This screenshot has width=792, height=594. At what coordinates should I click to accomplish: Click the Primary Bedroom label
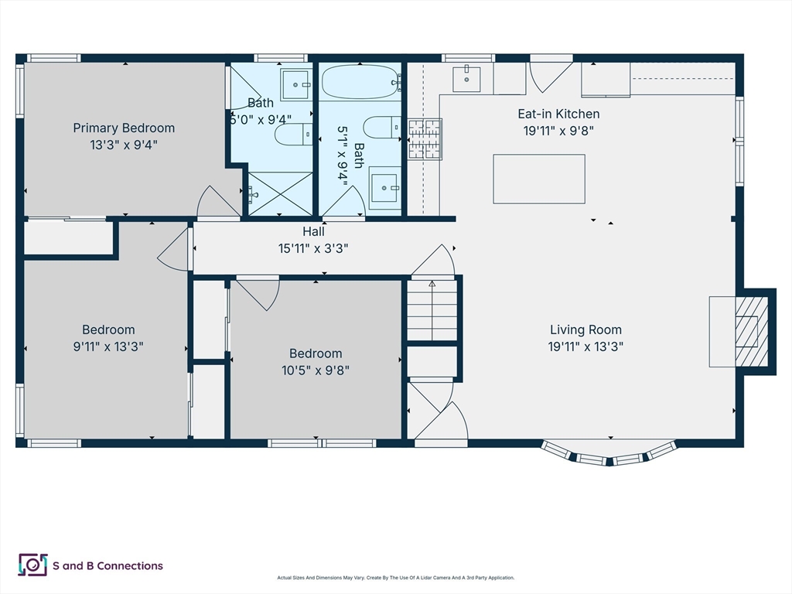(124, 128)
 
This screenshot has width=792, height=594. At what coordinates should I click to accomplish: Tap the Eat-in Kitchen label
(558, 114)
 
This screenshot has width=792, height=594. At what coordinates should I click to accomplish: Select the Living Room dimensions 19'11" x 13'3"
(585, 346)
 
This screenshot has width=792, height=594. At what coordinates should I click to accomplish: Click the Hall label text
(313, 231)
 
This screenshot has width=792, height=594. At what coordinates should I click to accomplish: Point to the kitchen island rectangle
(539, 179)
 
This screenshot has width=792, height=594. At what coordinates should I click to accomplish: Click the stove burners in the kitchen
(425, 139)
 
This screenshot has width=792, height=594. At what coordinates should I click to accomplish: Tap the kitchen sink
(466, 79)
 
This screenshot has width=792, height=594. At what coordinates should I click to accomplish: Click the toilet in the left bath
(293, 135)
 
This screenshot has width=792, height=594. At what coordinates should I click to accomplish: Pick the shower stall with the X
(280, 194)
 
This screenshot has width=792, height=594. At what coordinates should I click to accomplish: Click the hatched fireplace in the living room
(752, 331)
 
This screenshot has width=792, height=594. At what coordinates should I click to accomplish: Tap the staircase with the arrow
(432, 310)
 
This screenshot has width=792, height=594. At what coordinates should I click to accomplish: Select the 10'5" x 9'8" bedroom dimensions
(316, 370)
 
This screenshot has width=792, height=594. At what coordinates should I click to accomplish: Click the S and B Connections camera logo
(32, 565)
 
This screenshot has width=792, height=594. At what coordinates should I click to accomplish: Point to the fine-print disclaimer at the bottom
(395, 577)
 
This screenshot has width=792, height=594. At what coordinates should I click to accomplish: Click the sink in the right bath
(385, 188)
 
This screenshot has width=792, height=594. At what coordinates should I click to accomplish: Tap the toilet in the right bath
(382, 128)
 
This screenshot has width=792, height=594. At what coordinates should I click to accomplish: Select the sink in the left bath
(295, 85)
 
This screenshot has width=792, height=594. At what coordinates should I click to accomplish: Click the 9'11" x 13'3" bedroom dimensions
(108, 346)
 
